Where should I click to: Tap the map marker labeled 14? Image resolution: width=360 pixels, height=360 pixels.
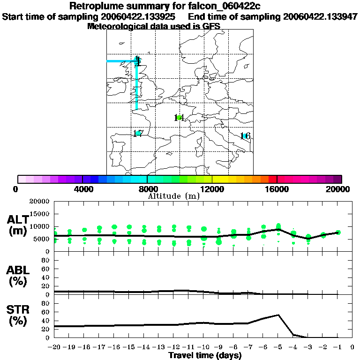179,118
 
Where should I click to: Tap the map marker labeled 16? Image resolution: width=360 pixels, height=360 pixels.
245,136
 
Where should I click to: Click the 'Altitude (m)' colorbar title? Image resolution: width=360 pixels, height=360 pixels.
173,196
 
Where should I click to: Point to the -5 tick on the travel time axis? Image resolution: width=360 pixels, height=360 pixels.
278,347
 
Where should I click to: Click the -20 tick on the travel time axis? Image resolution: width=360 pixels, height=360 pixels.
55,347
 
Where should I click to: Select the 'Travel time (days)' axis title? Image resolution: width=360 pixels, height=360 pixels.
205,355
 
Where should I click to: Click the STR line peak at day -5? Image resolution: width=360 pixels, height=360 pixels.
279,315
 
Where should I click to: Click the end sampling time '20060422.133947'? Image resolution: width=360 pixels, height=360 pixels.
321,16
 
